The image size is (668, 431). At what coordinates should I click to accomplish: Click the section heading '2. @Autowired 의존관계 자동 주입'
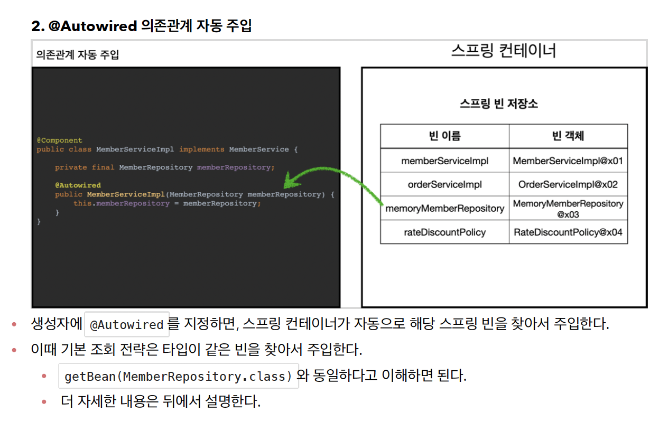pos(142,25)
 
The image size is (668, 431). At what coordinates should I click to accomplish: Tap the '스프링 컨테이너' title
pos(503,51)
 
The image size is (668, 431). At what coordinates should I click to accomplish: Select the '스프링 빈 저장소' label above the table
pos(498,104)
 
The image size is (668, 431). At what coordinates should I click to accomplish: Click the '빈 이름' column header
pos(444,136)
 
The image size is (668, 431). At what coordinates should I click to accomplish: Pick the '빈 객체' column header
pos(568,136)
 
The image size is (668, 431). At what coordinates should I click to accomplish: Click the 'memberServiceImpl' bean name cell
pos(444,161)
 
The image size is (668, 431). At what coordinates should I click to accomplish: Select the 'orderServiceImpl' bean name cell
pos(444,184)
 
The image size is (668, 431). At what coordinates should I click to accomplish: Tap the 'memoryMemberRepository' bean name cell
pos(444,208)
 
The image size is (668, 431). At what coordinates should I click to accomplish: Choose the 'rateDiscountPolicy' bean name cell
pos(444,232)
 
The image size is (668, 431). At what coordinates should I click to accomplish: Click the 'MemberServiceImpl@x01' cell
pos(568,161)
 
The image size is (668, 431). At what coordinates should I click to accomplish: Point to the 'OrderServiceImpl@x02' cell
pos(568,184)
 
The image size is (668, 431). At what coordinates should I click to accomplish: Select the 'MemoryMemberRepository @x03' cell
pos(568,209)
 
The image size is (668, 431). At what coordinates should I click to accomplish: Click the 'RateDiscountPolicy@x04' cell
pos(568,232)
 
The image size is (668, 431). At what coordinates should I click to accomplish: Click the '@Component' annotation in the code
pos(59,140)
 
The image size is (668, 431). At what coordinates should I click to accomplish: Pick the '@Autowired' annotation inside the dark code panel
pos(78,185)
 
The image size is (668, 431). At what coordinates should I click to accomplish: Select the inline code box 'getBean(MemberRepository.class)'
pos(179,377)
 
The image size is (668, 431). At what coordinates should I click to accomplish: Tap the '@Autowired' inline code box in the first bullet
pos(127,324)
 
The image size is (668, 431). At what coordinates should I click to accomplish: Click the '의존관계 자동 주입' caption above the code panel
pos(78,54)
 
